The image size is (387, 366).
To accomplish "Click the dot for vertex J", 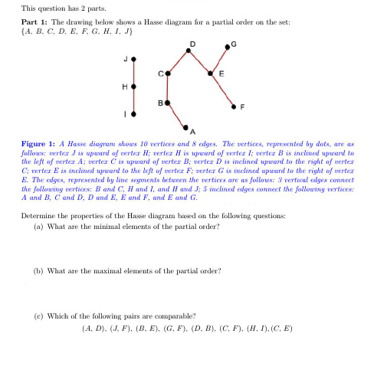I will (x=134, y=58).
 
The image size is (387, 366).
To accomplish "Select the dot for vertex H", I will (x=134, y=87).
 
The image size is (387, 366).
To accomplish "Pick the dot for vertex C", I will (x=168, y=74).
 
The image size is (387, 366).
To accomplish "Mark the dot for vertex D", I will (x=190, y=51).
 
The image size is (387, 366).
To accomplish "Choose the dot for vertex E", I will (x=212, y=74).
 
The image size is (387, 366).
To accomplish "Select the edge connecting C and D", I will (x=179, y=62).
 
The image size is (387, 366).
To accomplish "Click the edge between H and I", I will (x=134, y=101).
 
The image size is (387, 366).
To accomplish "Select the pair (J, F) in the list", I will (x=125, y=328).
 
